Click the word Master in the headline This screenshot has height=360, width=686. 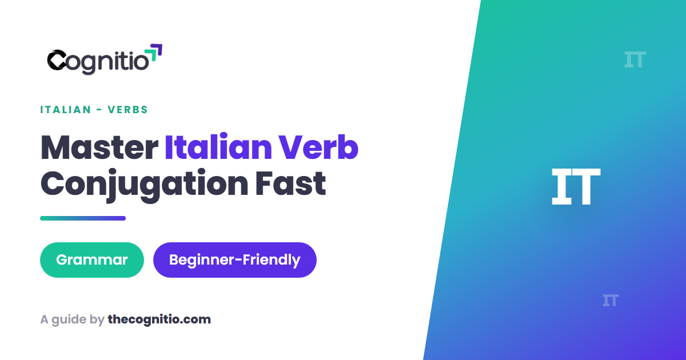point(99,148)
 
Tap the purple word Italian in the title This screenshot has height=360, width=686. point(218,147)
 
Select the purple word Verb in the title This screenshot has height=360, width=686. point(318,147)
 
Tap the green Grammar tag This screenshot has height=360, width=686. point(92,260)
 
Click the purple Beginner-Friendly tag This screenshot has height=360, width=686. point(235,260)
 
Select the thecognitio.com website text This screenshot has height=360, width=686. point(159,319)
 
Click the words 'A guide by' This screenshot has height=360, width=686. point(73,320)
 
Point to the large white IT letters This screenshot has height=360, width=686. point(576,186)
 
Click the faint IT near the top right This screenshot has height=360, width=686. point(635,59)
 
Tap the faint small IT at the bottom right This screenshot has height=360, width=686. point(611,301)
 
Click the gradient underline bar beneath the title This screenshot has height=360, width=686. point(83,218)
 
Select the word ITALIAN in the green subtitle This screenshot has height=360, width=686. point(66,110)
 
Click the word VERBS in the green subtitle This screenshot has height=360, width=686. point(128,110)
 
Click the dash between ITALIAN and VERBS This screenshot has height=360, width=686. point(99,110)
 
